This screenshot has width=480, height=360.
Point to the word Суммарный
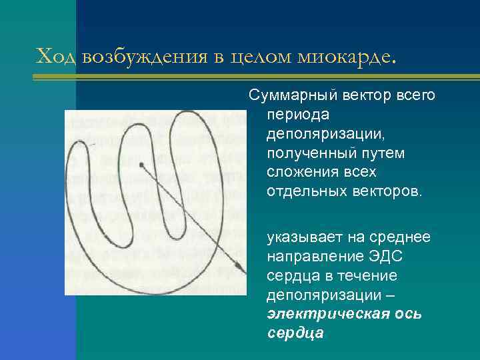[x=289, y=96]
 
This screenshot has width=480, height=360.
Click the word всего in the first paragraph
[x=417, y=96]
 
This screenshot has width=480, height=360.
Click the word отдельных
[x=304, y=192]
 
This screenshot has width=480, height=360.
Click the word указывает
[x=303, y=237]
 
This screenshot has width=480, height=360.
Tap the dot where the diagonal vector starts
[x=141, y=164]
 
